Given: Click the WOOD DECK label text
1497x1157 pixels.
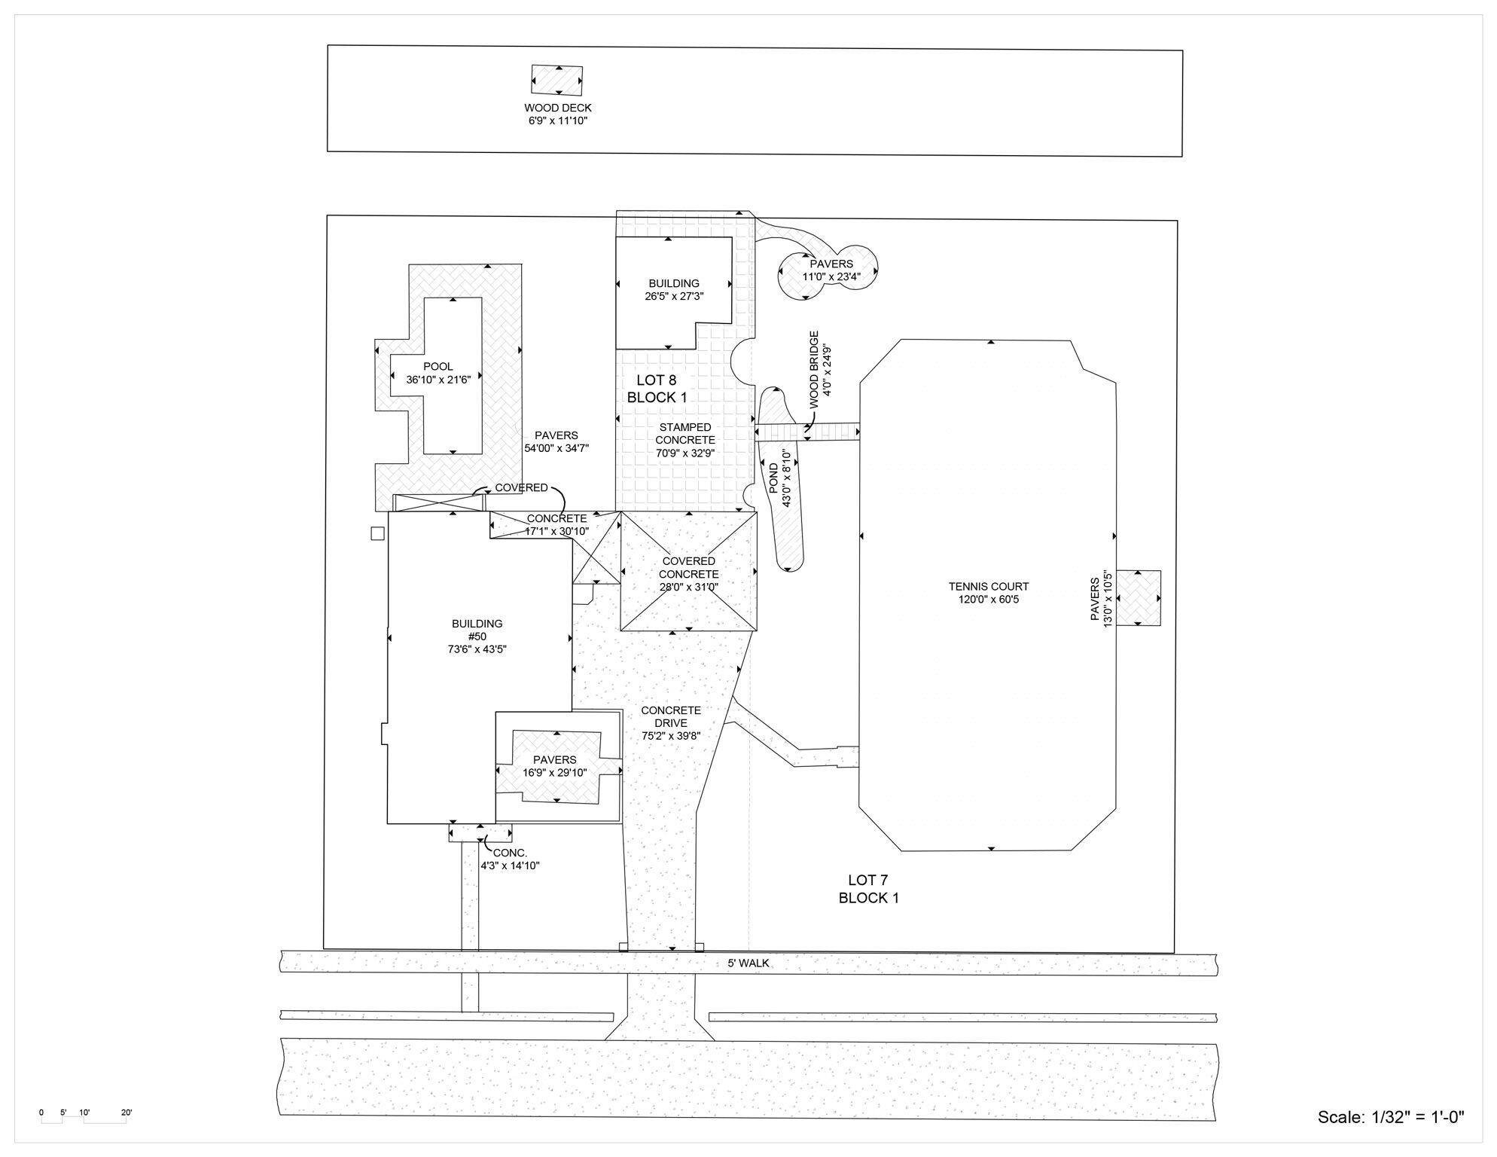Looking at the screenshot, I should click(557, 108).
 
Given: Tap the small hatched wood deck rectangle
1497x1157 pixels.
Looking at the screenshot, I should click(556, 80).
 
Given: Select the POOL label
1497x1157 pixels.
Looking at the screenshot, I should click(438, 367).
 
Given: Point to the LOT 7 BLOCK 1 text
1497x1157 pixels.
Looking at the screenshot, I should click(868, 889).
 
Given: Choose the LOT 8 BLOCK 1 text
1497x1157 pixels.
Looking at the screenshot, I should click(657, 389).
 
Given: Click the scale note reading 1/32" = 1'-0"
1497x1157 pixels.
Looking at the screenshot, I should click(1390, 1117).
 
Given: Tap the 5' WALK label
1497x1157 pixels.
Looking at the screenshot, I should click(748, 963).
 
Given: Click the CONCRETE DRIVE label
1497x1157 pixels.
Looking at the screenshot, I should click(671, 716).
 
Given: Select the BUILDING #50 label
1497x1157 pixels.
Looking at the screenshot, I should click(477, 630).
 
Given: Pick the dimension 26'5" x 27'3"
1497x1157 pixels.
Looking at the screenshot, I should click(673, 297).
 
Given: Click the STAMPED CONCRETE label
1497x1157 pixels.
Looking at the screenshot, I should click(684, 434).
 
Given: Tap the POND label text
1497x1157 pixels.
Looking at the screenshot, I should click(774, 478).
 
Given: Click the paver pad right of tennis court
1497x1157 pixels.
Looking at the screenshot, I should click(1138, 598).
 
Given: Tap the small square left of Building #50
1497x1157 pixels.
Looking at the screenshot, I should click(378, 533).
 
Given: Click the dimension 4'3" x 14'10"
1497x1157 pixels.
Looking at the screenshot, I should click(510, 866).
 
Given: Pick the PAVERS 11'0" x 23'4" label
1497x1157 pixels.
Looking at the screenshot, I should click(831, 270).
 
